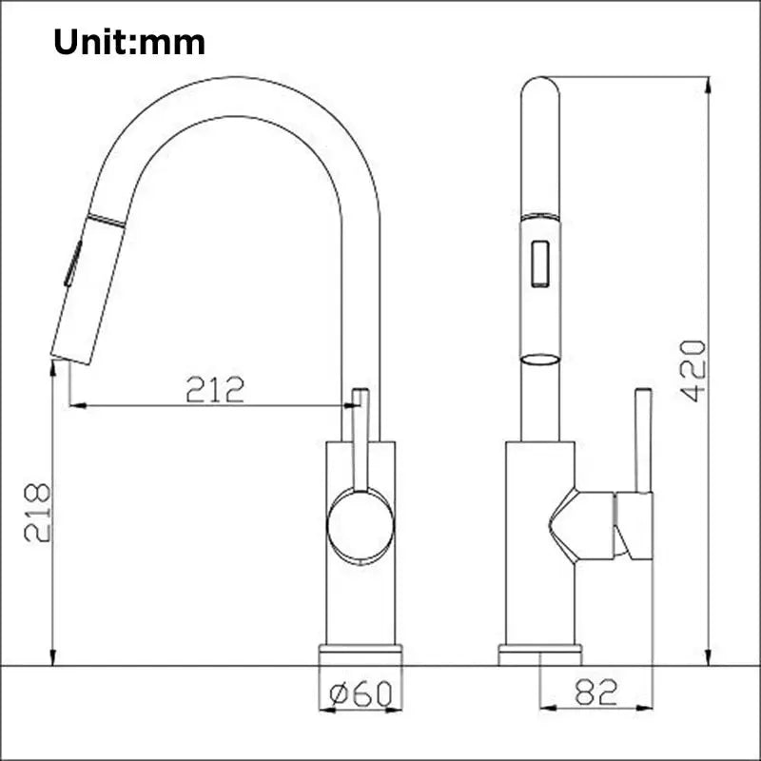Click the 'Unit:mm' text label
tap(128, 42)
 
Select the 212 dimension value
tap(215, 388)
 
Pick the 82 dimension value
tap(596, 692)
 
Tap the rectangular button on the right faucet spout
tap(540, 262)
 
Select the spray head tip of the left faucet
tap(73, 357)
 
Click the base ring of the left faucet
tap(360, 654)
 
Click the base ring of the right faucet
tap(540, 654)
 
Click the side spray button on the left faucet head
tap(71, 263)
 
